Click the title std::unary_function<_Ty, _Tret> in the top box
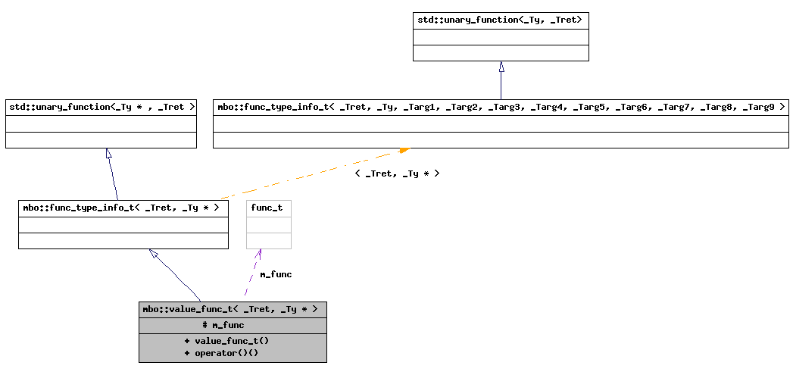[500, 20]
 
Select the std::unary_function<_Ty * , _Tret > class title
[101, 107]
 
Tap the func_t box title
[267, 208]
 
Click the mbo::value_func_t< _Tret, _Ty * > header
[232, 309]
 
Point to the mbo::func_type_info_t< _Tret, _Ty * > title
[123, 208]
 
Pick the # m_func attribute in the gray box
[223, 325]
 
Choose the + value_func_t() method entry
[226, 341]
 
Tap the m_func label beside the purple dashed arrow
[276, 274]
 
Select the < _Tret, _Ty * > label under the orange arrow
[396, 173]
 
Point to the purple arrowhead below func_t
[261, 254]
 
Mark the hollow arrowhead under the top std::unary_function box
[501, 67]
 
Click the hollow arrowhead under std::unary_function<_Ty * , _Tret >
[109, 154]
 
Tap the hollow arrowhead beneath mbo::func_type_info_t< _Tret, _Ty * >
[155, 254]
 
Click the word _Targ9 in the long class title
[759, 107]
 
